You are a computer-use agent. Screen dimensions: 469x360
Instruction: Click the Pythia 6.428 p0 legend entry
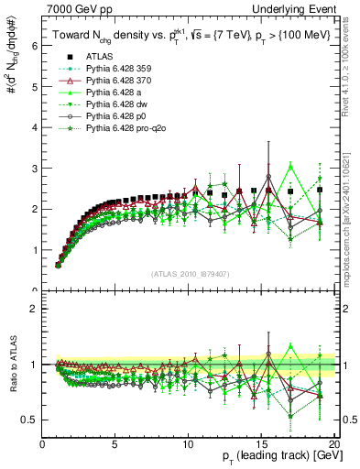coord(99,117)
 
